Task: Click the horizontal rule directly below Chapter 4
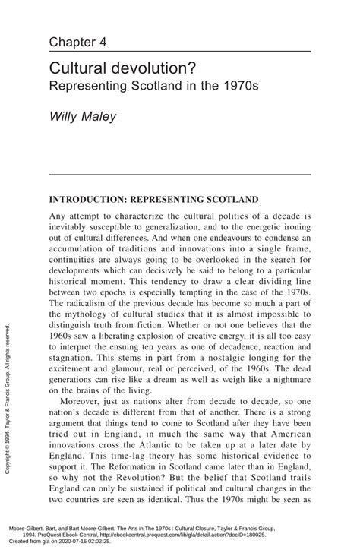pos(179,51)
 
